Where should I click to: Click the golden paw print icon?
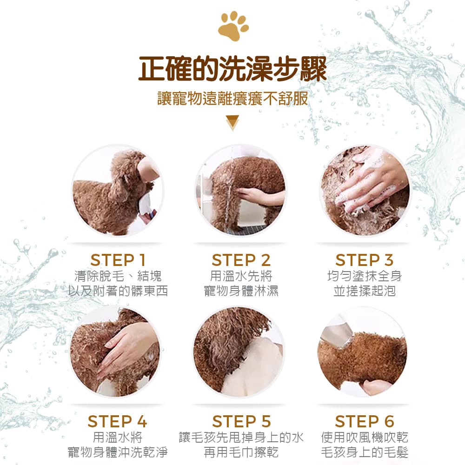233,26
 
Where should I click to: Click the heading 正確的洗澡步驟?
233,69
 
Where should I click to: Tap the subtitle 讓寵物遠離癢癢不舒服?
233,99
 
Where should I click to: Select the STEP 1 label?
118,260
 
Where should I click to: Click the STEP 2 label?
241,260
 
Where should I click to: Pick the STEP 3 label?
365,260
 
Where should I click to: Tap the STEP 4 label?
118,421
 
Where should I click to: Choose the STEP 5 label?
241,421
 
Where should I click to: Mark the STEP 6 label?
365,421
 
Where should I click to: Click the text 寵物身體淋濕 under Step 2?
241,291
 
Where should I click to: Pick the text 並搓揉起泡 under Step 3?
365,291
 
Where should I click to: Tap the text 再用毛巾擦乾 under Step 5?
241,452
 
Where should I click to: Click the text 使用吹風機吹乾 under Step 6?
365,437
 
